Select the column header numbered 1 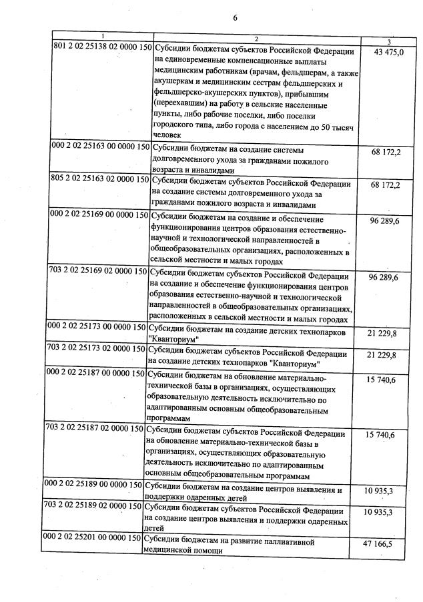pyautogui.click(x=102, y=35)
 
